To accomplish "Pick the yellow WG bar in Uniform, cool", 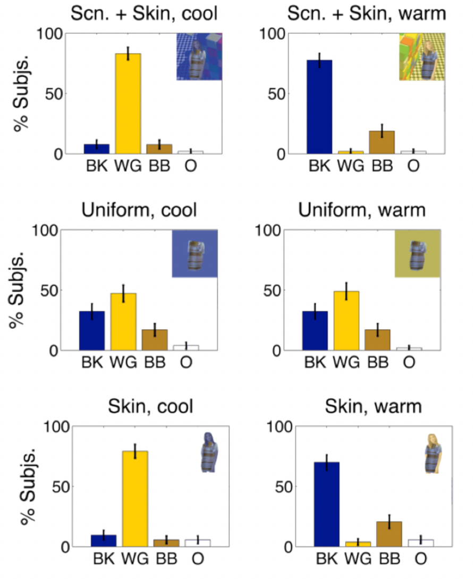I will pos(123,322).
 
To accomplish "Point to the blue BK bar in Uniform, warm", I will pos(315,330).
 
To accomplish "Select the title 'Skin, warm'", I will pos(375,407).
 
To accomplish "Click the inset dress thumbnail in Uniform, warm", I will pos(417,253).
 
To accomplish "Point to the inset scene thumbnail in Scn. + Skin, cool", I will pos(199,56).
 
